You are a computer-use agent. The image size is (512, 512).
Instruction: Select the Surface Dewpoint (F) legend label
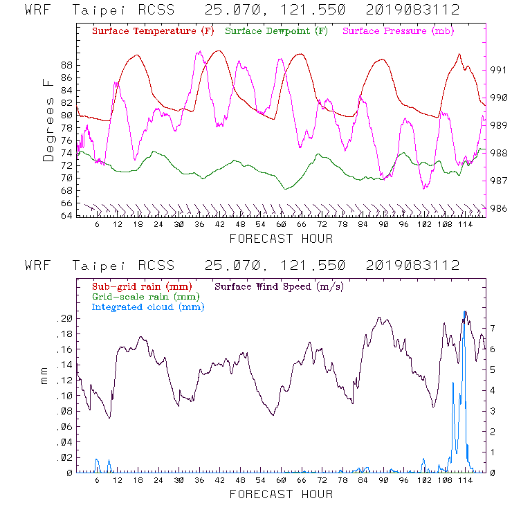[x=276, y=32]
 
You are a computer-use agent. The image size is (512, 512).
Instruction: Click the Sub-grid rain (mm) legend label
[x=141, y=286]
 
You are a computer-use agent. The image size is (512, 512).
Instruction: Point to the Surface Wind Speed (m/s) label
[x=280, y=286]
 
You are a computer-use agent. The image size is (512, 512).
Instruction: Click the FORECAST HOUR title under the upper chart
[x=281, y=239]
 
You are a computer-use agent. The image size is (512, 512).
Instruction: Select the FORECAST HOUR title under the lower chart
[x=281, y=494]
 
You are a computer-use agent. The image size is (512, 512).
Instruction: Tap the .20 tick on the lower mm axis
[x=64, y=318]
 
